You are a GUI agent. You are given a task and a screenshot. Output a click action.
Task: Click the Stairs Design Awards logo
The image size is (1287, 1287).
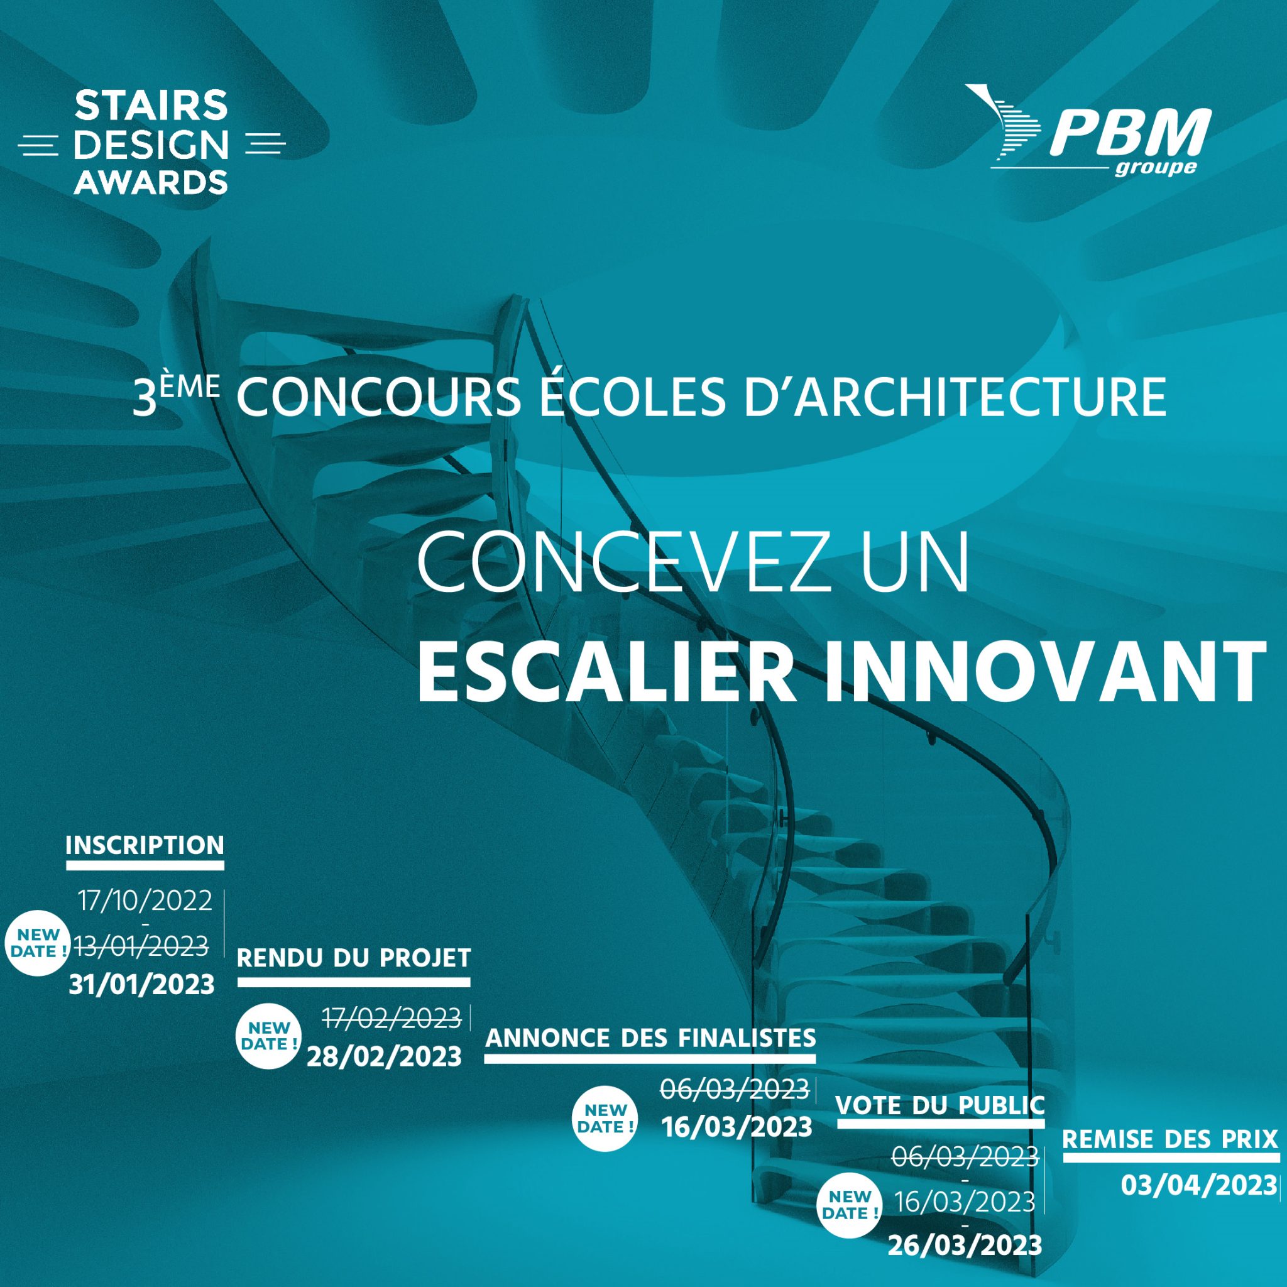tap(151, 143)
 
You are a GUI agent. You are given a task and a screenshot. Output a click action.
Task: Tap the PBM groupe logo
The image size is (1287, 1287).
tap(1087, 132)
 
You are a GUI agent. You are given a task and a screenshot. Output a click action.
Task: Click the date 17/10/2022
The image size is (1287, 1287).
tap(145, 901)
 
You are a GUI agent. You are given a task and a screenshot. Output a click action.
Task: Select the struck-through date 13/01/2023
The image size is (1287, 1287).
tap(141, 946)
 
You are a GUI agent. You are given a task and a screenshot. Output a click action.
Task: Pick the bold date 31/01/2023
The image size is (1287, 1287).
tap(142, 984)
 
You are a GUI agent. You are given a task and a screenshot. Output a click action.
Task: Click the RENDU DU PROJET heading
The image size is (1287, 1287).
tap(354, 958)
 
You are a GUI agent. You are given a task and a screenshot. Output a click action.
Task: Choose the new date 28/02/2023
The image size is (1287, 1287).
tap(385, 1056)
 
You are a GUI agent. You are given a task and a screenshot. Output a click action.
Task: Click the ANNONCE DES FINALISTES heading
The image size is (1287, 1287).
tap(651, 1038)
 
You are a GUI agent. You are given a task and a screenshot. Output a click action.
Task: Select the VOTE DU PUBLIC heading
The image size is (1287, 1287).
tap(940, 1105)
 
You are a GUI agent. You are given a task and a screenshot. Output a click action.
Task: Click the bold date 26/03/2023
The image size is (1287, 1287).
tap(965, 1246)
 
